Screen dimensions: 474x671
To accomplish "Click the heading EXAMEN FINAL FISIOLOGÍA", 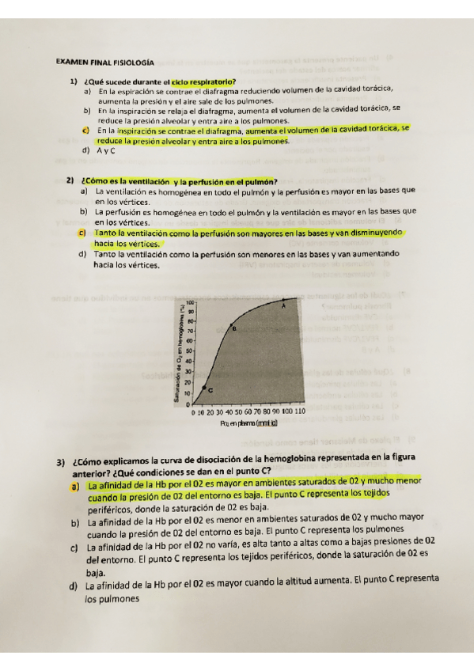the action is (x=105, y=61).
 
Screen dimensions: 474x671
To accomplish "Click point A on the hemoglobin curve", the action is (x=284, y=302).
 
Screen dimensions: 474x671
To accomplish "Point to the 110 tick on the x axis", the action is (x=300, y=412).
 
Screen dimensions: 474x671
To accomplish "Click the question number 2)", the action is (x=71, y=180).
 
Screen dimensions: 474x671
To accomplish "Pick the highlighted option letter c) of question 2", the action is (x=82, y=233).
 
